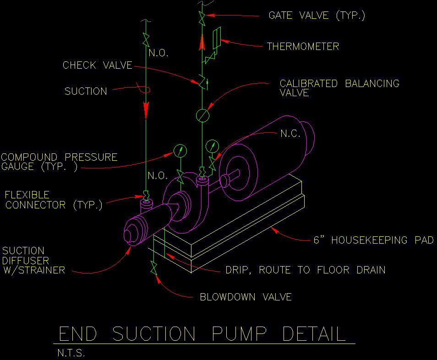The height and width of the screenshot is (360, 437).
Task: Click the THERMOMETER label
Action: click(303, 46)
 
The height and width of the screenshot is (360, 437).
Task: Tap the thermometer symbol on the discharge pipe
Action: click(217, 38)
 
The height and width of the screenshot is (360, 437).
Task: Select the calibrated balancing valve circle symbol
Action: click(202, 115)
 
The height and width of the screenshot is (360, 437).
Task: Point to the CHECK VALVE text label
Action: click(97, 65)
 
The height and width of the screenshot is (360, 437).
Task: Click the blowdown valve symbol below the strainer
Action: click(153, 268)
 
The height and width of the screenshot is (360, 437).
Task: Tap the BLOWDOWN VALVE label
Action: click(246, 297)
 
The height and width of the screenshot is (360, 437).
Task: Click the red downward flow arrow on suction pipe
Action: click(146, 110)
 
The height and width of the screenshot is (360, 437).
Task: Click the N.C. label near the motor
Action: click(290, 134)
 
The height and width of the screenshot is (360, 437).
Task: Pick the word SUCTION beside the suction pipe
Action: click(86, 91)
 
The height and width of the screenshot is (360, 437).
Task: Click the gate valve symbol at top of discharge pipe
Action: click(202, 19)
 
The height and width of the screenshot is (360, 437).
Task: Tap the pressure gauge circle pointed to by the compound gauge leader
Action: click(180, 151)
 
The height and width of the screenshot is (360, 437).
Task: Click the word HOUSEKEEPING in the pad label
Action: click(369, 240)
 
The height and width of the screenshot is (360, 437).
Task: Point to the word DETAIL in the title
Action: click(314, 333)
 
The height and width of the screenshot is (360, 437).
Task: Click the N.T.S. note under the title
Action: click(71, 353)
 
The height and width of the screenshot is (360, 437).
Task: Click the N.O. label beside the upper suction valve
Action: click(158, 53)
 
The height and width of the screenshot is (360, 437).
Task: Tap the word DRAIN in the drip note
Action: click(371, 270)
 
